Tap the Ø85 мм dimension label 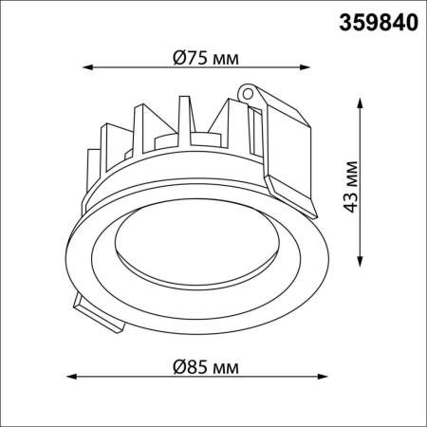coord(206,366)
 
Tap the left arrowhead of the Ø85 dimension coord(75,378)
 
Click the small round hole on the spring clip coord(250,94)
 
